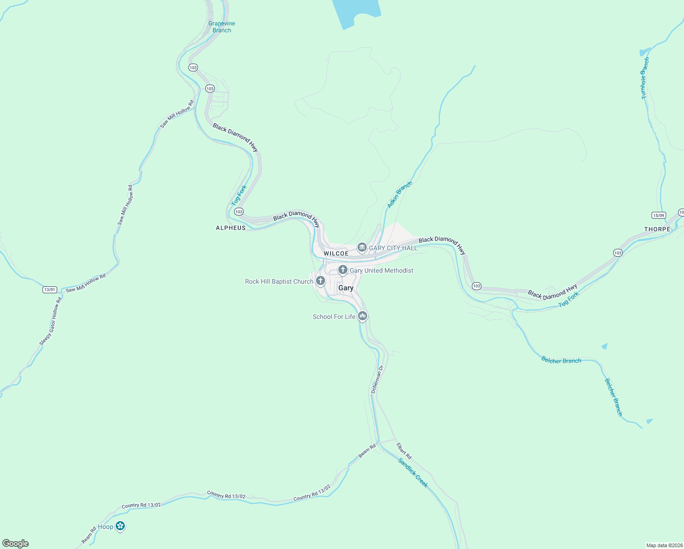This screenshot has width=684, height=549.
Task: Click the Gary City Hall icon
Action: tap(362, 248)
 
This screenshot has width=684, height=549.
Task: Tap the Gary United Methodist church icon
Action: tap(342, 270)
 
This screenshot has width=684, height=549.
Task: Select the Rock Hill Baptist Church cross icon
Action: tap(321, 281)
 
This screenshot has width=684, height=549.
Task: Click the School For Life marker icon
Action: tap(363, 316)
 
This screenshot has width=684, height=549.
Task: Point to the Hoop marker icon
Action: tap(120, 526)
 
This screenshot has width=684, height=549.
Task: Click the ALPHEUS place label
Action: tap(230, 228)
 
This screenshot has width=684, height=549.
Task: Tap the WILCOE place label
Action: tap(336, 253)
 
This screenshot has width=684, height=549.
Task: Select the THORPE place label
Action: tap(657, 229)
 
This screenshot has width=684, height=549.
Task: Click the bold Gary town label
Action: tap(346, 288)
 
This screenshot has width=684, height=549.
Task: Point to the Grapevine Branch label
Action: tap(222, 27)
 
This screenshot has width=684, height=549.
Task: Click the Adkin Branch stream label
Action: tap(400, 194)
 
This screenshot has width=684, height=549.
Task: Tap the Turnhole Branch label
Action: tap(645, 78)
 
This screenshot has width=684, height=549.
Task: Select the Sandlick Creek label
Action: tap(413, 473)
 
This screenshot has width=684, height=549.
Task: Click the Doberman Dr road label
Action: tap(377, 379)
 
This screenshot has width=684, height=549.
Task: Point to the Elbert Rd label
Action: tap(404, 451)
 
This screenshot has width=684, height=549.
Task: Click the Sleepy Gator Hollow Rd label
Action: tap(50, 322)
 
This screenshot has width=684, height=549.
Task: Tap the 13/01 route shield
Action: tap(49, 290)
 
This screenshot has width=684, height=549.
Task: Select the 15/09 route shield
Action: tap(658, 215)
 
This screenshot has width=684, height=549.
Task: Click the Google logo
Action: tap(16, 544)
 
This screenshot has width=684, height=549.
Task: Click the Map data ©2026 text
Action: tap(664, 545)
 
